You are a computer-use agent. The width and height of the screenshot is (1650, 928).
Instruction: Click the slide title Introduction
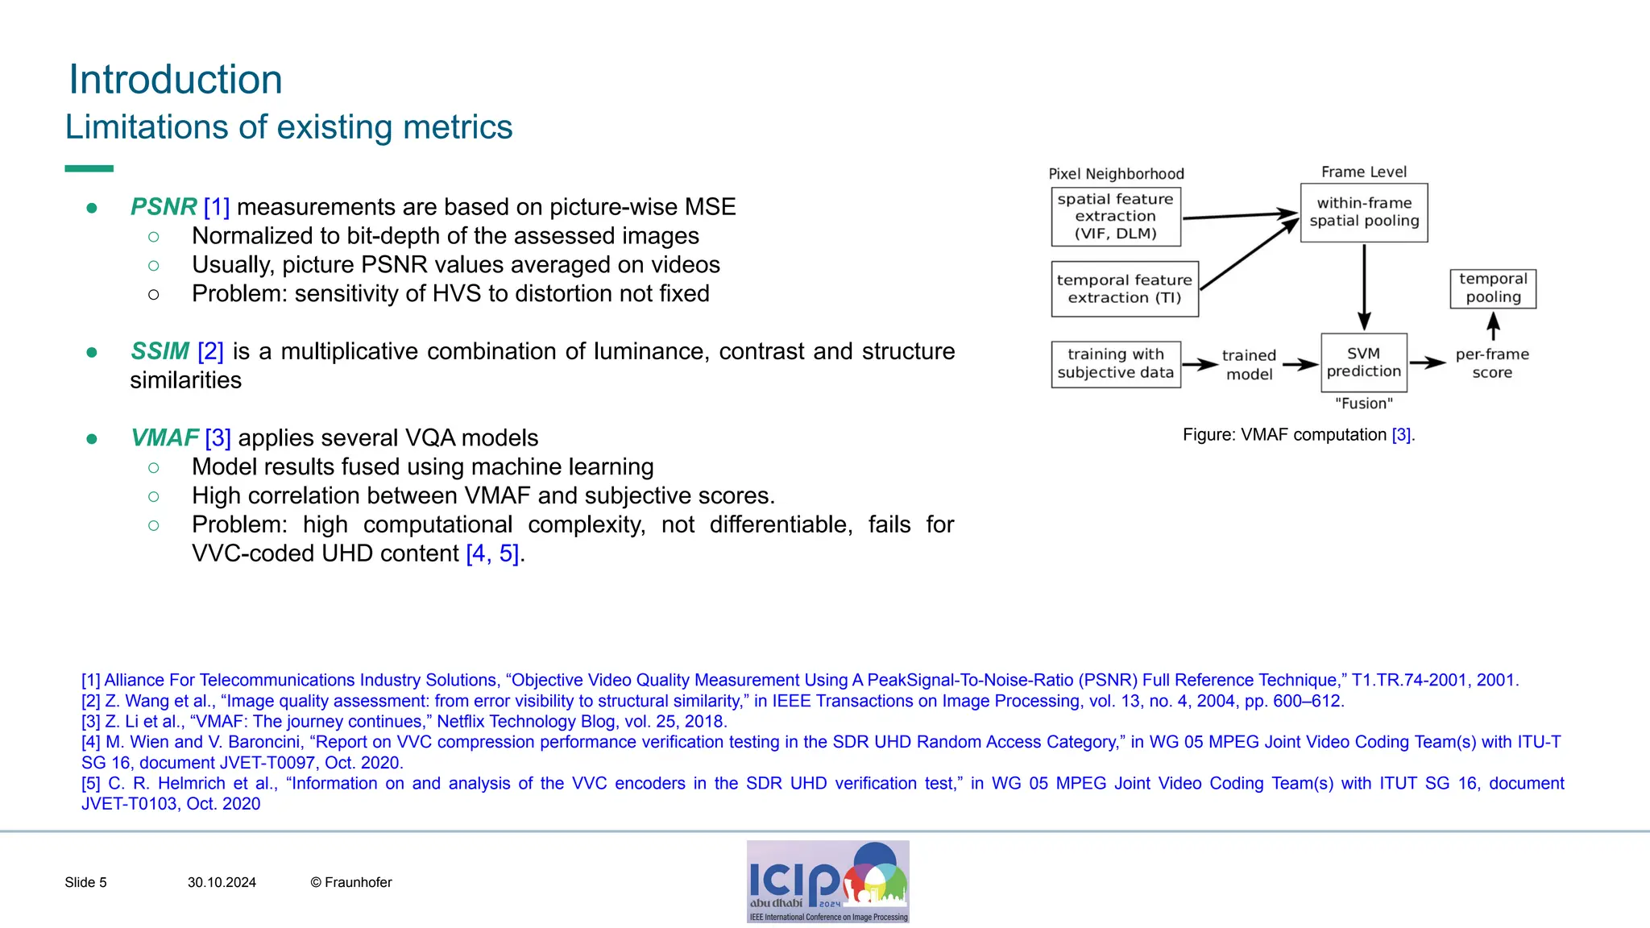[176, 80]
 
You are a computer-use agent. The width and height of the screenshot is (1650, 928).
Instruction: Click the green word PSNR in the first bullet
[164, 207]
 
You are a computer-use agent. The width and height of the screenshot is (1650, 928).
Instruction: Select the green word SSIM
[160, 351]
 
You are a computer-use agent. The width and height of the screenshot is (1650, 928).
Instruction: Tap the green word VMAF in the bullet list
[164, 437]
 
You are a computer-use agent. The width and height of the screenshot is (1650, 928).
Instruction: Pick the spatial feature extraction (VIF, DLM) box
[1116, 217]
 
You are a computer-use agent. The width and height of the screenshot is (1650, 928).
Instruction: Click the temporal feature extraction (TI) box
[1124, 288]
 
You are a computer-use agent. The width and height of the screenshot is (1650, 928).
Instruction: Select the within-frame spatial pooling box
[1363, 212]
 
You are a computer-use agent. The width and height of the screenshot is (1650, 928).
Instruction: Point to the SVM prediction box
[1363, 362]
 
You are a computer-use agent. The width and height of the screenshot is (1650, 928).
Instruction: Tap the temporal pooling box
[1493, 288]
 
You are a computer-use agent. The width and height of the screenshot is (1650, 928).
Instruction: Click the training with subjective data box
[1116, 363]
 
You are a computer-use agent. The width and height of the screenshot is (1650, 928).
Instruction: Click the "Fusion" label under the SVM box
[1363, 404]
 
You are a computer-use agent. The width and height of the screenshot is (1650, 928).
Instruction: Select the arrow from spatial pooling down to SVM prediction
[1364, 286]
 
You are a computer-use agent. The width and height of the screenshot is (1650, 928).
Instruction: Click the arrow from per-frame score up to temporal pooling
[1493, 326]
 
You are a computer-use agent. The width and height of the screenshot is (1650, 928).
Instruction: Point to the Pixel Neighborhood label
[1116, 174]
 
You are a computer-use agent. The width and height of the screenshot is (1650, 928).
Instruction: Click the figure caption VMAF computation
[1298, 435]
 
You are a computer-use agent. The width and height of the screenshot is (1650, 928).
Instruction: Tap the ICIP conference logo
[827, 881]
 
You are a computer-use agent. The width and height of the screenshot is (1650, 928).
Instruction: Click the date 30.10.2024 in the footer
[222, 883]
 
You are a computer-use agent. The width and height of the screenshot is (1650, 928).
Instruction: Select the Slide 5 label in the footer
[85, 883]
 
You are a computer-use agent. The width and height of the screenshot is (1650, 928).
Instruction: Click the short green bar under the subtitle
[89, 168]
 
